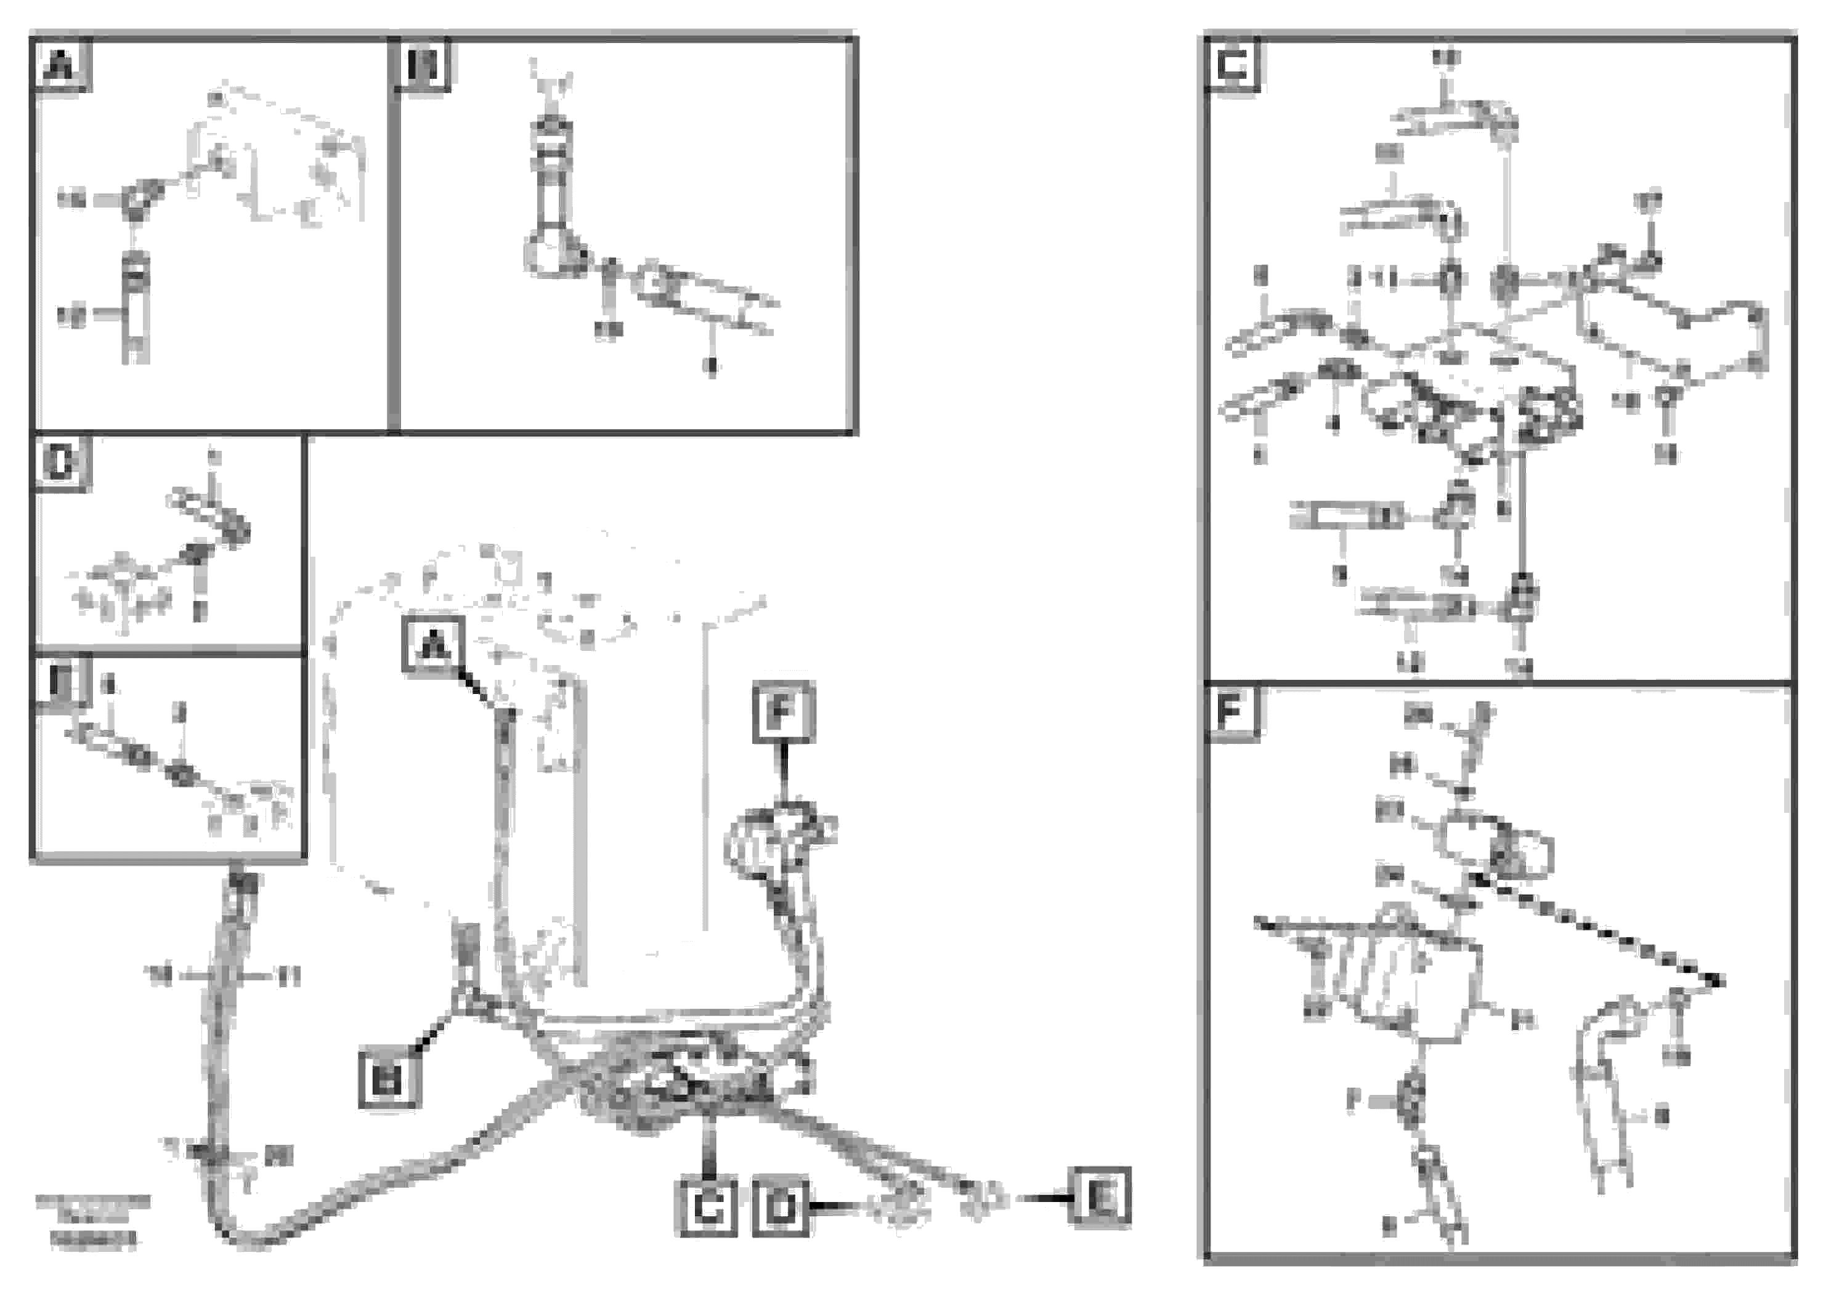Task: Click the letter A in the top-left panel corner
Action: click(61, 65)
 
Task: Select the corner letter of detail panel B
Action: click(423, 65)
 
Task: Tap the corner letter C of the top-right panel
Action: click(1233, 65)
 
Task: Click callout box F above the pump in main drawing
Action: click(783, 712)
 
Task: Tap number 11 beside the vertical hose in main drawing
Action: click(289, 975)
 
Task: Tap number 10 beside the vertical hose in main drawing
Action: click(159, 975)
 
